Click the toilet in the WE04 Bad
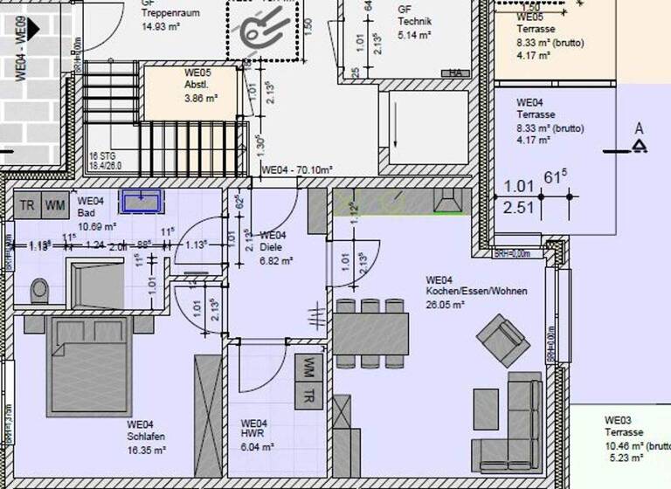tap(39, 290)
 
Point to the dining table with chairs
tap(370, 333)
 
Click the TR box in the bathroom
tap(27, 205)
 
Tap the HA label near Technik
tap(455, 73)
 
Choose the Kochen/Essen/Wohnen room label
tap(476, 291)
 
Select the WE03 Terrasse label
tap(624, 432)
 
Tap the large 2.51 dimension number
tap(519, 207)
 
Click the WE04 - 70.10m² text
tap(297, 169)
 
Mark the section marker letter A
tap(640, 129)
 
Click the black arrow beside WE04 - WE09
tap(34, 29)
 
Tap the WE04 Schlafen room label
tap(145, 437)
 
